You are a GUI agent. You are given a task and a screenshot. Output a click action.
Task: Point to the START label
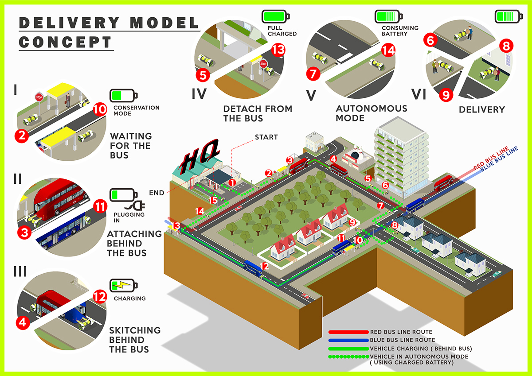pyautogui.click(x=266, y=137)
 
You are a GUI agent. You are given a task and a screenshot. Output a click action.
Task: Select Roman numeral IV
pyautogui.click(x=199, y=94)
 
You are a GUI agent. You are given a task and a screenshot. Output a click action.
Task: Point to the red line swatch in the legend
pyautogui.click(x=348, y=332)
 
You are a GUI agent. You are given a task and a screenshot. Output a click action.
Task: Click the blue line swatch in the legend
pyautogui.click(x=348, y=340)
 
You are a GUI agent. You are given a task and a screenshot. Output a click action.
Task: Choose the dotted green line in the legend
pyautogui.click(x=348, y=357)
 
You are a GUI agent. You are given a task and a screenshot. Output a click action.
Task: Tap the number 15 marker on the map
pyautogui.click(x=213, y=200)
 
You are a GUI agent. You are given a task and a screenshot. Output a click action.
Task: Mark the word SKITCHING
pyautogui.click(x=135, y=330)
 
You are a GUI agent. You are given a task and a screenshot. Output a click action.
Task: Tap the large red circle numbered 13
pyautogui.click(x=278, y=50)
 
